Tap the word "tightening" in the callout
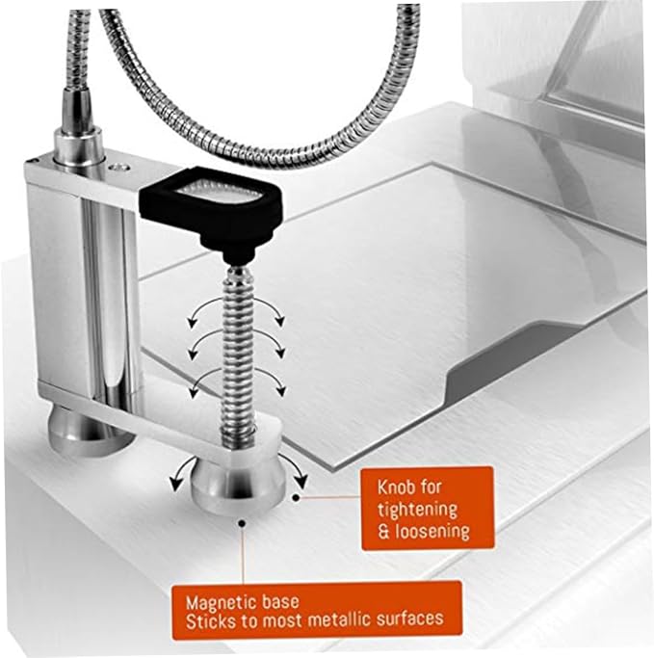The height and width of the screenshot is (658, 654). click(417, 510)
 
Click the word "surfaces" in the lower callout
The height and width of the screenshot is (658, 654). click(409, 619)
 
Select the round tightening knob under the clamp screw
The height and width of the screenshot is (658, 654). click(238, 483)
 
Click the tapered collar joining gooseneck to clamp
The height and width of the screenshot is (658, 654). click(78, 123)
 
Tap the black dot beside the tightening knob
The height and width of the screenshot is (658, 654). click(296, 498)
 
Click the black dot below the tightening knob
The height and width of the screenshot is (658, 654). click(242, 523)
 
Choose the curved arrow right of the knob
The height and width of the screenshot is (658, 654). click(298, 470)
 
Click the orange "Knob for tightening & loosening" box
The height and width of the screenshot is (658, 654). click(427, 508)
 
